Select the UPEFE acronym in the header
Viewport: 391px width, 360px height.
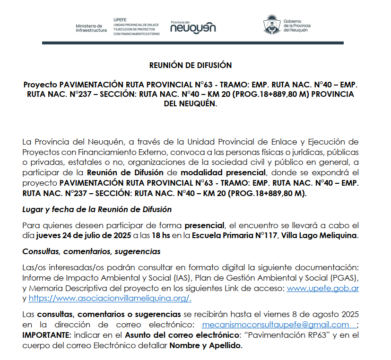click(120, 19)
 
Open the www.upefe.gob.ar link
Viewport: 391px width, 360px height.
click(322, 288)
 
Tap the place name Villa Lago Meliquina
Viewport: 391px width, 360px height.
click(320, 235)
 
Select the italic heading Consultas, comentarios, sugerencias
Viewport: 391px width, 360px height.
click(91, 251)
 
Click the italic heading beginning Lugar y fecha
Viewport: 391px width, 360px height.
click(97, 209)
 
